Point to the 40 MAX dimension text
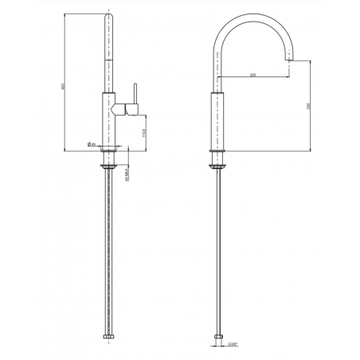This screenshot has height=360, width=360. point(128,173)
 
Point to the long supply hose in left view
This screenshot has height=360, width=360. point(109,255)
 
